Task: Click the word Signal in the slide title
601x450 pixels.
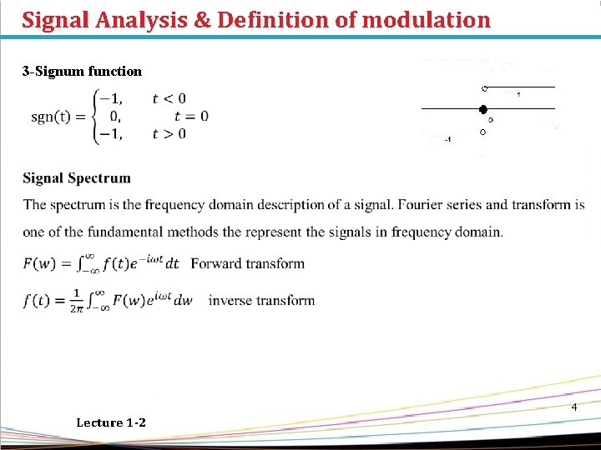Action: (x=56, y=19)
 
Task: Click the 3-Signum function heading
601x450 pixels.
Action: (x=82, y=72)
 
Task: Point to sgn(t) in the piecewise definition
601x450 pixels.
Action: (x=50, y=116)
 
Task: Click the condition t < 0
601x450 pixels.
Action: (x=169, y=98)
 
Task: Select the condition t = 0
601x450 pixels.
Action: (x=192, y=116)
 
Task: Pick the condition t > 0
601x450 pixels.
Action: (x=169, y=133)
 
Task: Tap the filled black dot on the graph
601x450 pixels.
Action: (x=482, y=109)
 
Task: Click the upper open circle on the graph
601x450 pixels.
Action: (x=483, y=88)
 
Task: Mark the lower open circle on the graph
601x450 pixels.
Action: (x=482, y=132)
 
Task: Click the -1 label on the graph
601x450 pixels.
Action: (x=448, y=140)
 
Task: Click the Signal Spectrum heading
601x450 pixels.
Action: (x=77, y=177)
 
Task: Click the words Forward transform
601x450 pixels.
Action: (x=248, y=263)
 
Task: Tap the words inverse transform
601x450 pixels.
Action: (x=261, y=300)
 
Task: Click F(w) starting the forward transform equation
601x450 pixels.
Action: (x=38, y=264)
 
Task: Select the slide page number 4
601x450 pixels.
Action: (x=574, y=407)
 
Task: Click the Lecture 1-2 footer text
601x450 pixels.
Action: (x=110, y=422)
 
